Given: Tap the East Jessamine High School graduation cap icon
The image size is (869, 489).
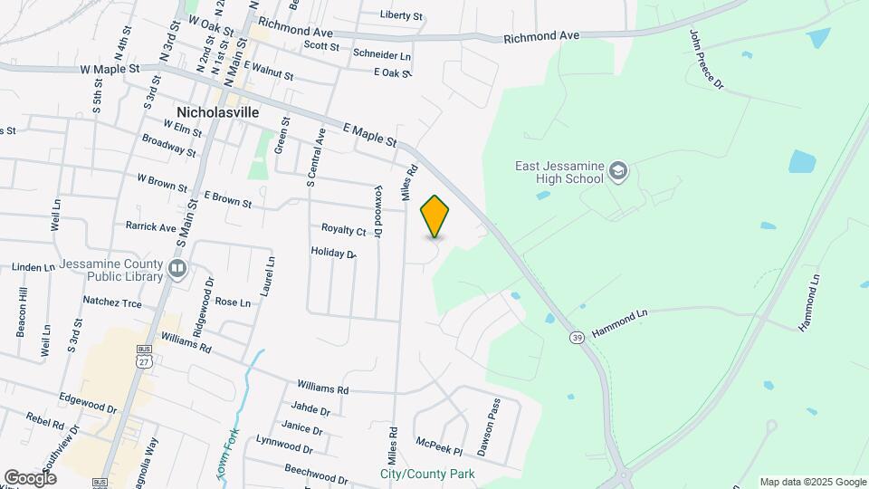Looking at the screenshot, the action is click(x=617, y=172).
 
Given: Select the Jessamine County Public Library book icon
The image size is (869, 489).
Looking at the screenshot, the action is click(x=177, y=268).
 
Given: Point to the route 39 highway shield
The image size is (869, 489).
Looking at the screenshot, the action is click(x=577, y=338).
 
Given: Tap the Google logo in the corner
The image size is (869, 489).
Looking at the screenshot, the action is click(x=30, y=478).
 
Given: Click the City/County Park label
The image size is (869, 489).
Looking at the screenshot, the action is click(x=427, y=475).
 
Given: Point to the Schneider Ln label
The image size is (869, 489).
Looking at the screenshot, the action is click(x=381, y=55).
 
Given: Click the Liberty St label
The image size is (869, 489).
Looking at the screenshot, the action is click(x=401, y=15).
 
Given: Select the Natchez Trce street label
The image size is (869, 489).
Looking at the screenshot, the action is click(x=112, y=302).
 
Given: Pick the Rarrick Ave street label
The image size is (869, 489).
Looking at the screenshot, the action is click(x=151, y=227).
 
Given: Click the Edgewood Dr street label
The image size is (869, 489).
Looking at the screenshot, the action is click(x=88, y=402).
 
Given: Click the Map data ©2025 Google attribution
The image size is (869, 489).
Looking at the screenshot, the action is click(x=814, y=482).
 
